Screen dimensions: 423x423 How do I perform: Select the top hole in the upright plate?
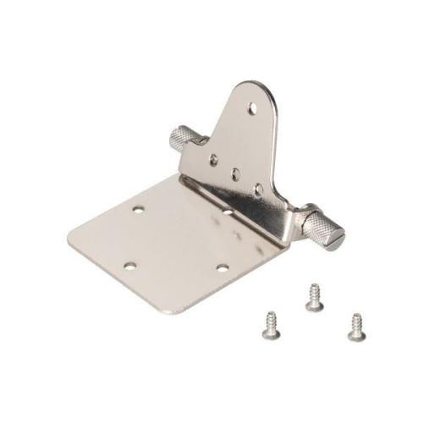pos(252,108)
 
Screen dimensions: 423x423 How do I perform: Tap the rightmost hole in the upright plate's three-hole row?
pos(258,190)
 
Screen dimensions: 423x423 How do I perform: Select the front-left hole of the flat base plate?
pos(129,266)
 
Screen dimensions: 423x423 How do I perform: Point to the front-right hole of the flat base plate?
pos(222,267)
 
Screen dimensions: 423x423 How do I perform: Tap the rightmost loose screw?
pos(355,327)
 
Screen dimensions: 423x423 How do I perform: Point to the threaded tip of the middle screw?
pos(312,288)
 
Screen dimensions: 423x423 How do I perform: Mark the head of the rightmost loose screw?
pos(356,334)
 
